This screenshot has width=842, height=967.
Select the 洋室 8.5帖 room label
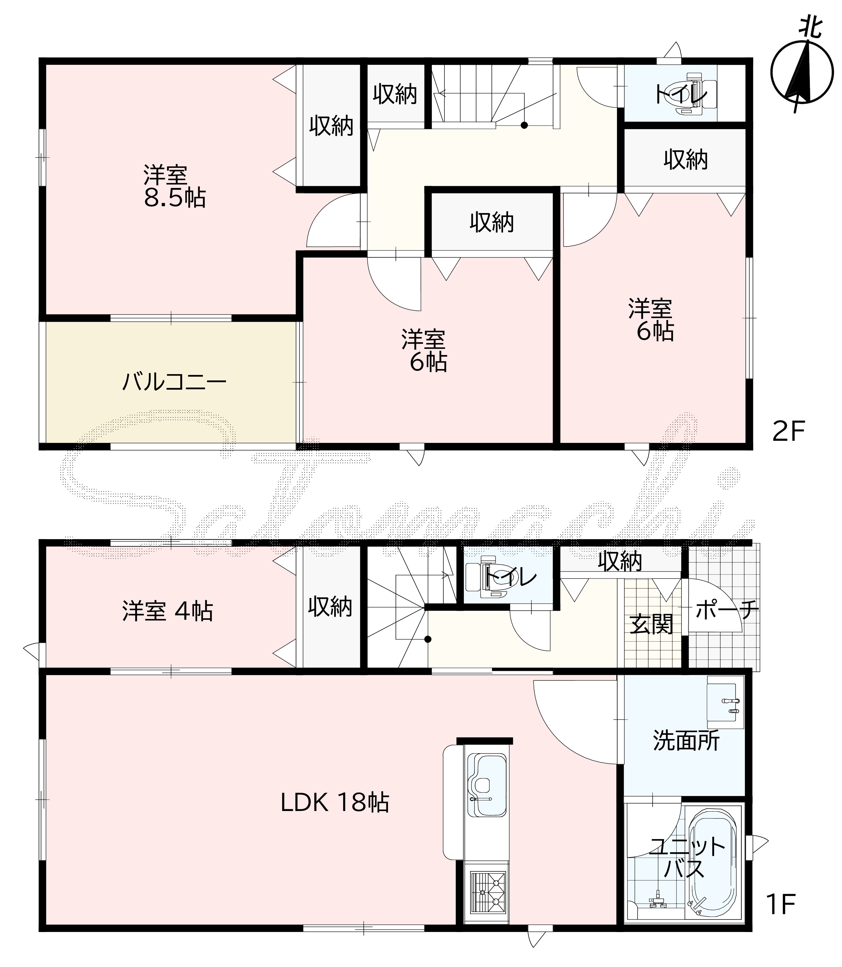(x=174, y=187)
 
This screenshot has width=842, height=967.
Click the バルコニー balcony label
(x=174, y=382)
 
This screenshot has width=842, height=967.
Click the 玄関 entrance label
(x=651, y=625)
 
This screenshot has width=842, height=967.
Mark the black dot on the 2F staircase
(x=524, y=125)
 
